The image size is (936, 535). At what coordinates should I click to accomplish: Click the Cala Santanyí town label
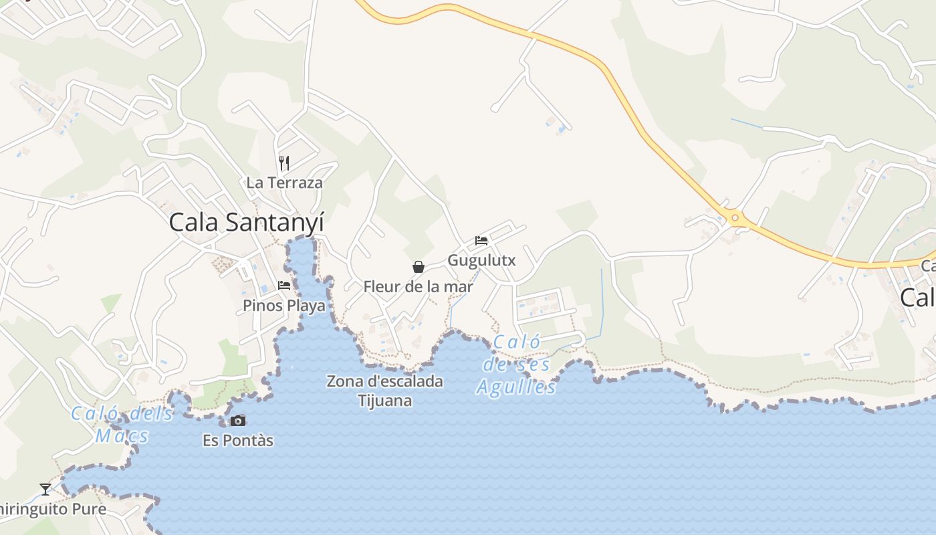[246, 222]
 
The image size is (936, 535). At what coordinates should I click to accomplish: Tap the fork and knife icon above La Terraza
[284, 163]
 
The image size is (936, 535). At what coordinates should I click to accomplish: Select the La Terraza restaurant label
[284, 183]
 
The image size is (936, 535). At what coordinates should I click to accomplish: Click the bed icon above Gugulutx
[481, 241]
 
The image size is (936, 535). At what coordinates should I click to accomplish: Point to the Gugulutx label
[481, 260]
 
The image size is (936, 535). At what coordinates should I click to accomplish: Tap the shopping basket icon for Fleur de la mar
[419, 267]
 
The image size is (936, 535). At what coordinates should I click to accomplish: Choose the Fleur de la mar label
[418, 287]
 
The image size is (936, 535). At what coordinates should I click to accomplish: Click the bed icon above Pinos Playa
[284, 286]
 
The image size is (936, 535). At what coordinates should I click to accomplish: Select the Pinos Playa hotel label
[284, 306]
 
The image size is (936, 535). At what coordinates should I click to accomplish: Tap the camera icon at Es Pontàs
[237, 421]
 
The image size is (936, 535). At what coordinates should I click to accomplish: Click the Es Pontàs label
[238, 441]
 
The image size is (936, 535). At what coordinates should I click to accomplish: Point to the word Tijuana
[384, 401]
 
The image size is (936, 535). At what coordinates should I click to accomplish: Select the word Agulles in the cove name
[516, 387]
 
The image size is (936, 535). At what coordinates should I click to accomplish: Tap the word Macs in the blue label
[122, 437]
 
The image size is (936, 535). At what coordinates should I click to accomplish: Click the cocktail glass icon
[45, 490]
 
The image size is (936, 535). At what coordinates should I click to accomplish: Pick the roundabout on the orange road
[735, 217]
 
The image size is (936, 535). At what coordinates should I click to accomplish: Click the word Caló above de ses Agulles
[516, 342]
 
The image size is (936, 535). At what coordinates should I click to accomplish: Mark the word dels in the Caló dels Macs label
[151, 414]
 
